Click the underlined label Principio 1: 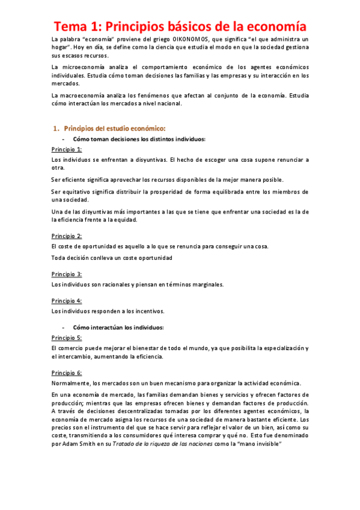[x=67, y=149]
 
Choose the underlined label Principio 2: [x=67, y=236]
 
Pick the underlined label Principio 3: [x=67, y=274]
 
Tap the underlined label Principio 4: [x=67, y=300]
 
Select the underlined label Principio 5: [x=67, y=337]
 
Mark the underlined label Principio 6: [x=67, y=373]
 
